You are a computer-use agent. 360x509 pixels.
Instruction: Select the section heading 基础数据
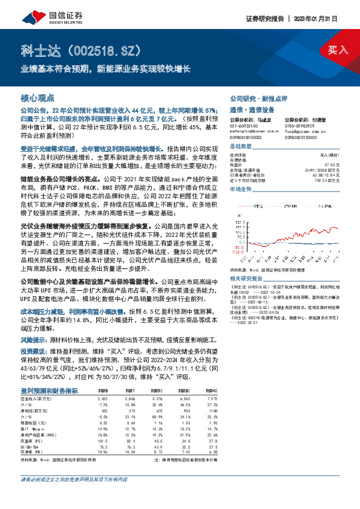(241, 147)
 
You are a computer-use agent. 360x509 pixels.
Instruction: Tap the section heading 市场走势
(241, 189)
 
